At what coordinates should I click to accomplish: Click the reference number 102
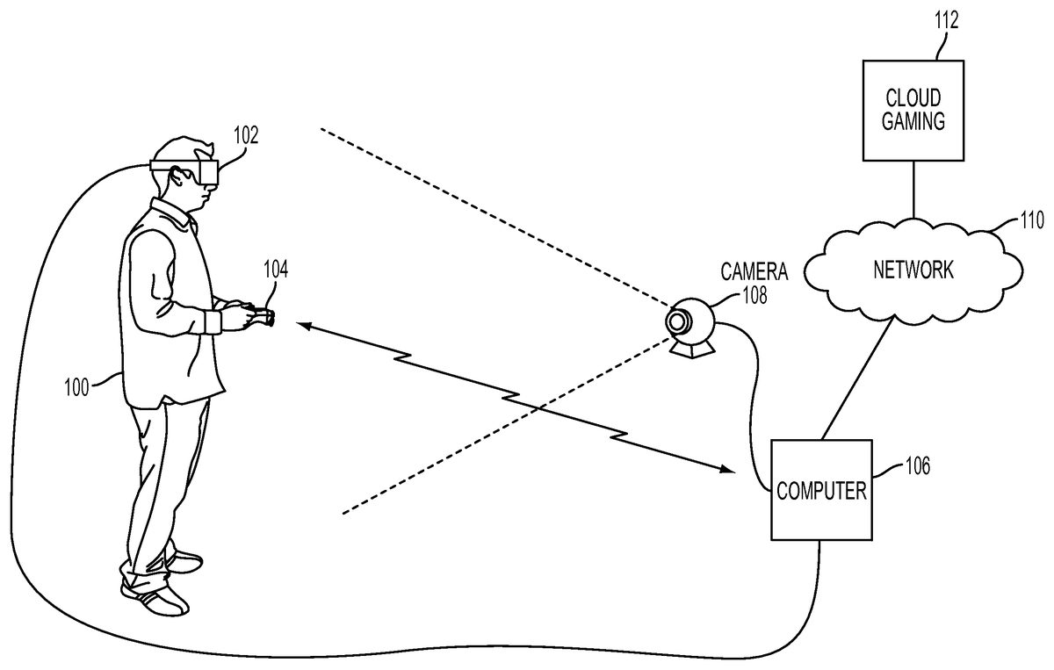[247, 137]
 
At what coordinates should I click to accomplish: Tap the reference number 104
[276, 269]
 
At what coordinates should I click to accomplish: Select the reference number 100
[76, 386]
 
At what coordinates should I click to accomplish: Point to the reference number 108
[754, 295]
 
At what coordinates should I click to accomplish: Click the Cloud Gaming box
[914, 111]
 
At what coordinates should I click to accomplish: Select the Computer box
[820, 489]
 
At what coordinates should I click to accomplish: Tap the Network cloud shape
[913, 269]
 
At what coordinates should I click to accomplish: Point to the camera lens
[677, 322]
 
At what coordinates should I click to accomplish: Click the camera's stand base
[693, 349]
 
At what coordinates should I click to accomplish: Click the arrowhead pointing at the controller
[301, 327]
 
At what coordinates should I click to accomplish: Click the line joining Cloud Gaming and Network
[914, 188]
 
